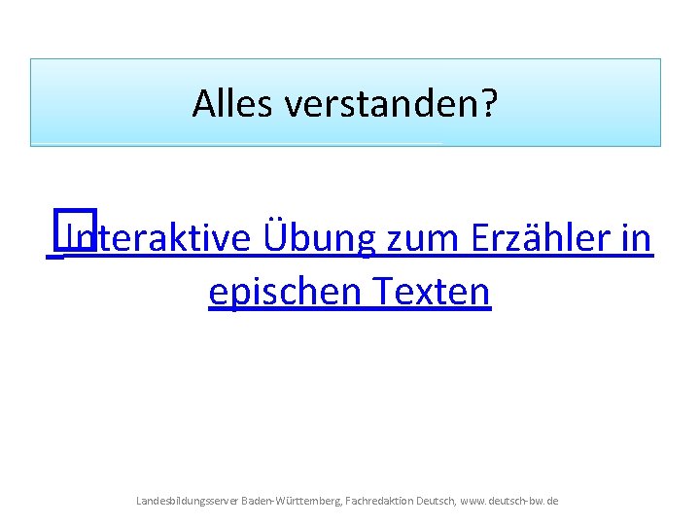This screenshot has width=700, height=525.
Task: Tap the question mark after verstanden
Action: [x=487, y=103]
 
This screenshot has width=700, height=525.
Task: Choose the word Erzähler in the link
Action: [x=539, y=238]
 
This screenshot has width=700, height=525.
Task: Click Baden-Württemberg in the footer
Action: [x=290, y=501]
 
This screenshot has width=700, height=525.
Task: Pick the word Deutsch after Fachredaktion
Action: [x=434, y=501]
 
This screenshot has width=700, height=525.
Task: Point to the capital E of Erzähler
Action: [x=480, y=238]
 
